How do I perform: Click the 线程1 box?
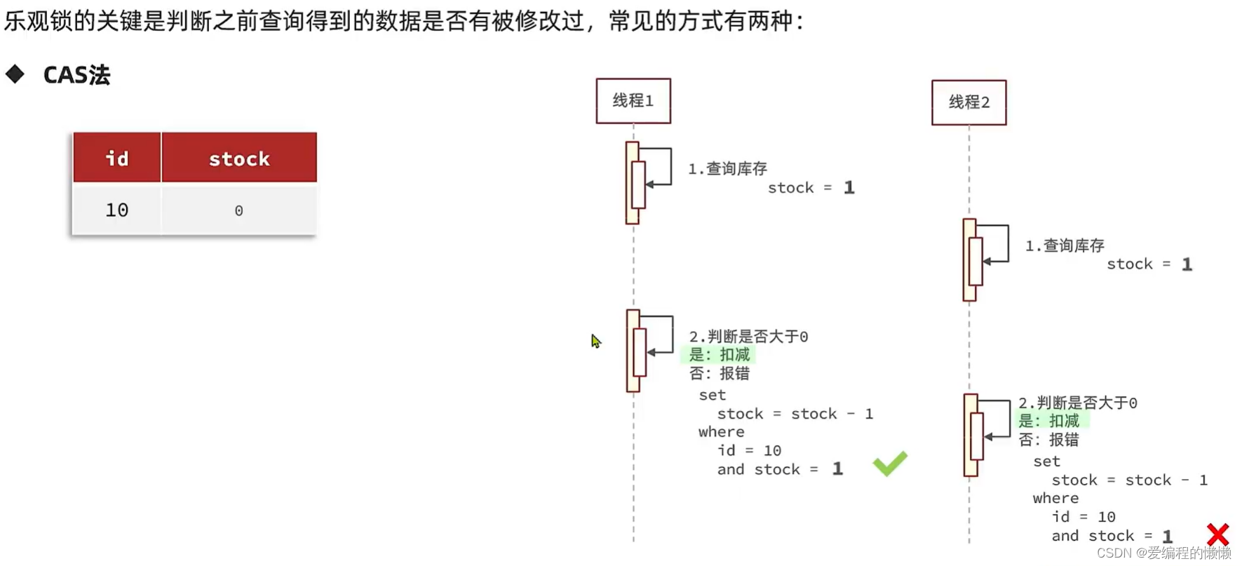633,101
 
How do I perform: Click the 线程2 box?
968,102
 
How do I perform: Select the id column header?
117,159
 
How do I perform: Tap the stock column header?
239,159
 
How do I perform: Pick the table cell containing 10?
117,210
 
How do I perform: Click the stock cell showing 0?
238,210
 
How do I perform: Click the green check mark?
889,464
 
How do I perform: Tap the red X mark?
1217,534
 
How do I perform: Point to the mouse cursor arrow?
595,341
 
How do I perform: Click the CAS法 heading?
76,75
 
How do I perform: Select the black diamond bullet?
15,74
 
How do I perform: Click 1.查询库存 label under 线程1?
727,168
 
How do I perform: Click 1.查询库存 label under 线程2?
1065,245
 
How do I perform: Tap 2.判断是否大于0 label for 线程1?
748,337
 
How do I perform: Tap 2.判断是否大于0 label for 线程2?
1077,403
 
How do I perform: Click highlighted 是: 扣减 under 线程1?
719,355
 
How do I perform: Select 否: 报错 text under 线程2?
1048,440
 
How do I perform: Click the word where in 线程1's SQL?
721,432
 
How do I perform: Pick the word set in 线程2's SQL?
1046,461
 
